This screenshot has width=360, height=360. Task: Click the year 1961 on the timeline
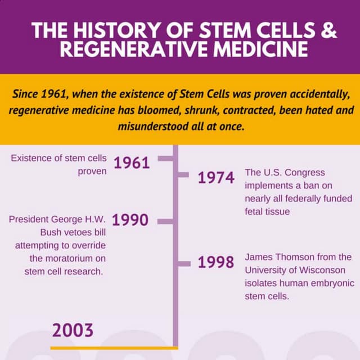coord(132,163)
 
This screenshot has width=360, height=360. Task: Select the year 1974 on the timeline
coord(216,178)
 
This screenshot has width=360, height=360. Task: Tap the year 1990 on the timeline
coord(130,220)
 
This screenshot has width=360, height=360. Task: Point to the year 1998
coord(216,263)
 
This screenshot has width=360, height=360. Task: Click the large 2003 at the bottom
coord(73,330)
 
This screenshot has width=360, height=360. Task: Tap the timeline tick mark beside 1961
coord(165,159)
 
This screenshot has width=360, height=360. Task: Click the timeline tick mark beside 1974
coord(183,175)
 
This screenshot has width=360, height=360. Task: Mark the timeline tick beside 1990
coord(165,221)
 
